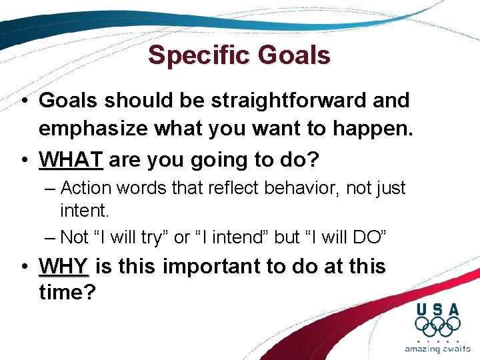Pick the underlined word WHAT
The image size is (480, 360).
tap(71, 160)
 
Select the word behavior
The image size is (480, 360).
tap(294, 189)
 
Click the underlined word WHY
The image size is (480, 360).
tap(64, 267)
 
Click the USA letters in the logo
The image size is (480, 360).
tap(437, 309)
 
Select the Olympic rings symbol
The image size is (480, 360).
tap(437, 327)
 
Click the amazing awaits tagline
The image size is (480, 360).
tap(437, 349)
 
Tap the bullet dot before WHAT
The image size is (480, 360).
tap(24, 161)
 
